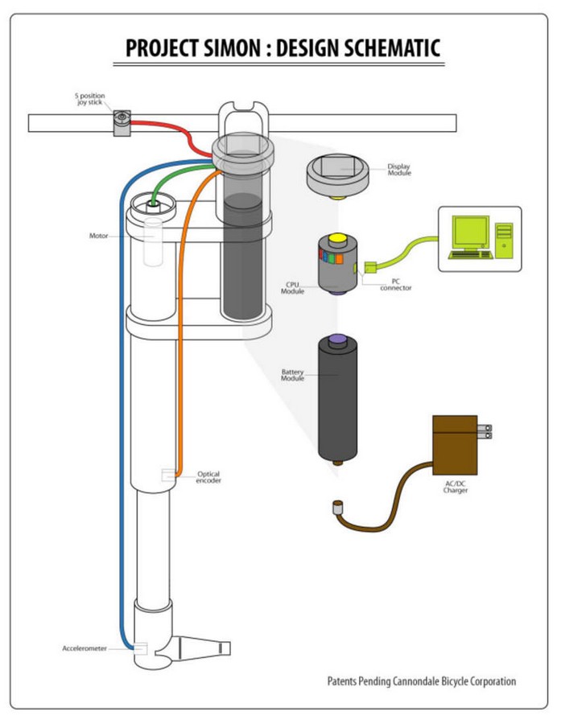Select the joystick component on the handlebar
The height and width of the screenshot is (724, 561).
(x=122, y=121)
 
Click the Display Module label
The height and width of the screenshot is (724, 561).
(x=398, y=170)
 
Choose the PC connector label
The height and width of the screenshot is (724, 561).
(x=395, y=283)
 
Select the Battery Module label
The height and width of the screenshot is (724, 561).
(x=292, y=375)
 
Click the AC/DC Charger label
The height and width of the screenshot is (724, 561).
(x=455, y=487)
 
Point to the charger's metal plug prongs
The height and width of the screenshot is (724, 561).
(x=485, y=432)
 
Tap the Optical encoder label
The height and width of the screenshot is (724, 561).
(x=208, y=477)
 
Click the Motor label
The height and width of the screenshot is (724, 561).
(x=98, y=236)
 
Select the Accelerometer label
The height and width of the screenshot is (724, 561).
(x=85, y=648)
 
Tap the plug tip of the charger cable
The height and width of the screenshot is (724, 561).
(x=337, y=508)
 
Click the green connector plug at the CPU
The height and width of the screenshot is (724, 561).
(x=369, y=266)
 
